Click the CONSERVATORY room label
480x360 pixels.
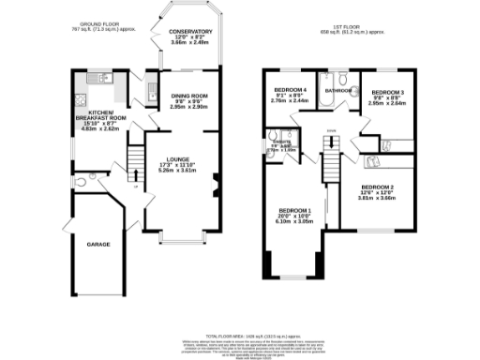(190, 32)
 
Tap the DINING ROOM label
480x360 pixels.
(187, 96)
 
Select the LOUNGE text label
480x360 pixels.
(178, 160)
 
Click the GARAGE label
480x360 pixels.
(98, 244)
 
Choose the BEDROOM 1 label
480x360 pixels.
(294, 210)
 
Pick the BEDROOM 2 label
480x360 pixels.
(377, 188)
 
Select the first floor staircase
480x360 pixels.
(330, 156)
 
